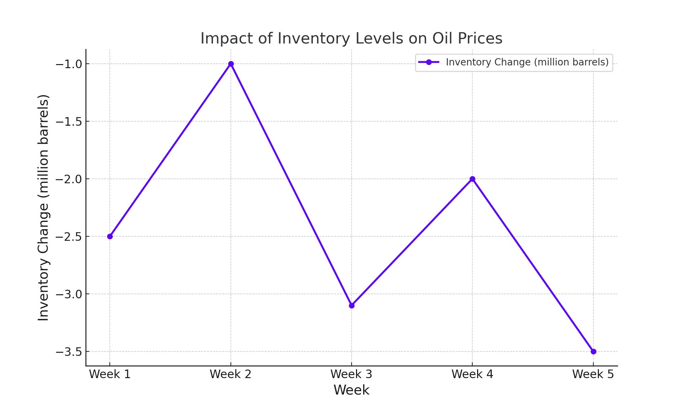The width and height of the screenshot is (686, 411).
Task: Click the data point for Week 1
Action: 110,236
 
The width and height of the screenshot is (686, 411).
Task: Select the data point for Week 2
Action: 231,64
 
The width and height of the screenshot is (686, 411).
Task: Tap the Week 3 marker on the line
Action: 352,306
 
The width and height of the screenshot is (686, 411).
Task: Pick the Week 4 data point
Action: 472,179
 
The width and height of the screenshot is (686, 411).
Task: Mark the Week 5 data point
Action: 593,351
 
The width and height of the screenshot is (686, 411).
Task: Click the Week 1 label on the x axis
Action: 110,374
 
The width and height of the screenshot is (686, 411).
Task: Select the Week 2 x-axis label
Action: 231,374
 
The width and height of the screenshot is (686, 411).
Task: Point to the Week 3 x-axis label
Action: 352,374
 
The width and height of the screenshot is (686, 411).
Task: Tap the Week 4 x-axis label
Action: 472,374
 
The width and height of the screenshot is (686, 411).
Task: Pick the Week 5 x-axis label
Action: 593,374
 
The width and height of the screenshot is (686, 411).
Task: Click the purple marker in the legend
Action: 429,62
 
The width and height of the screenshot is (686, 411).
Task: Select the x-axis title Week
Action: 352,390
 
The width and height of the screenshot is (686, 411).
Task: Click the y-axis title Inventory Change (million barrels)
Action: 44,208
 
